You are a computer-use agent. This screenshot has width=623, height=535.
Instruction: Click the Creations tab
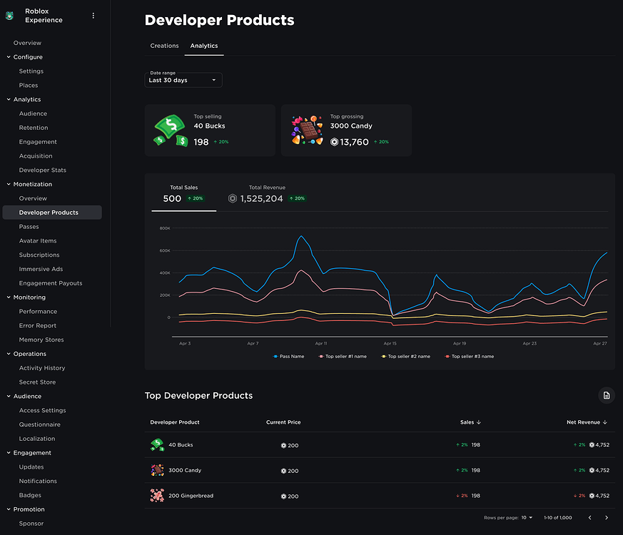coord(164,46)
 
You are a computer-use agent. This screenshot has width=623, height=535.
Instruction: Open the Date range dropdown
coord(183,79)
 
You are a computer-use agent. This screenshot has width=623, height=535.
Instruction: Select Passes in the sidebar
coord(29,227)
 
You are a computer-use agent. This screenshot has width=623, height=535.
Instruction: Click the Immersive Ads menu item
coord(41,269)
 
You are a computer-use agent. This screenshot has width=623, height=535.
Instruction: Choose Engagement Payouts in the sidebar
coord(51,283)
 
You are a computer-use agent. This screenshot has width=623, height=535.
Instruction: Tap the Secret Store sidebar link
coord(37,382)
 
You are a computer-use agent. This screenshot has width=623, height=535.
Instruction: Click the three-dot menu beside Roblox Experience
coord(93,16)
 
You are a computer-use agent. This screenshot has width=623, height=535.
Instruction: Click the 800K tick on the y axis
coord(164,228)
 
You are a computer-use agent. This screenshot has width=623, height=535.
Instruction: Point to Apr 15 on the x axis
coord(390,344)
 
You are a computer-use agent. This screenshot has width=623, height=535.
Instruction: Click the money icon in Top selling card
coord(171,131)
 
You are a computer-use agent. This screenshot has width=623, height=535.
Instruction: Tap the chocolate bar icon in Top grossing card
coord(307,131)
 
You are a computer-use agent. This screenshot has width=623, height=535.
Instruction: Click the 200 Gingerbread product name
coord(191,496)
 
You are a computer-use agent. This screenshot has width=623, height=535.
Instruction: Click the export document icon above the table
coord(606,395)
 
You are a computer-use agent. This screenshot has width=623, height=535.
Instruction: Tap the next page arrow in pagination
coord(607,517)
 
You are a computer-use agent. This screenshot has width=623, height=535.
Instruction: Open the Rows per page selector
coord(527,517)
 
